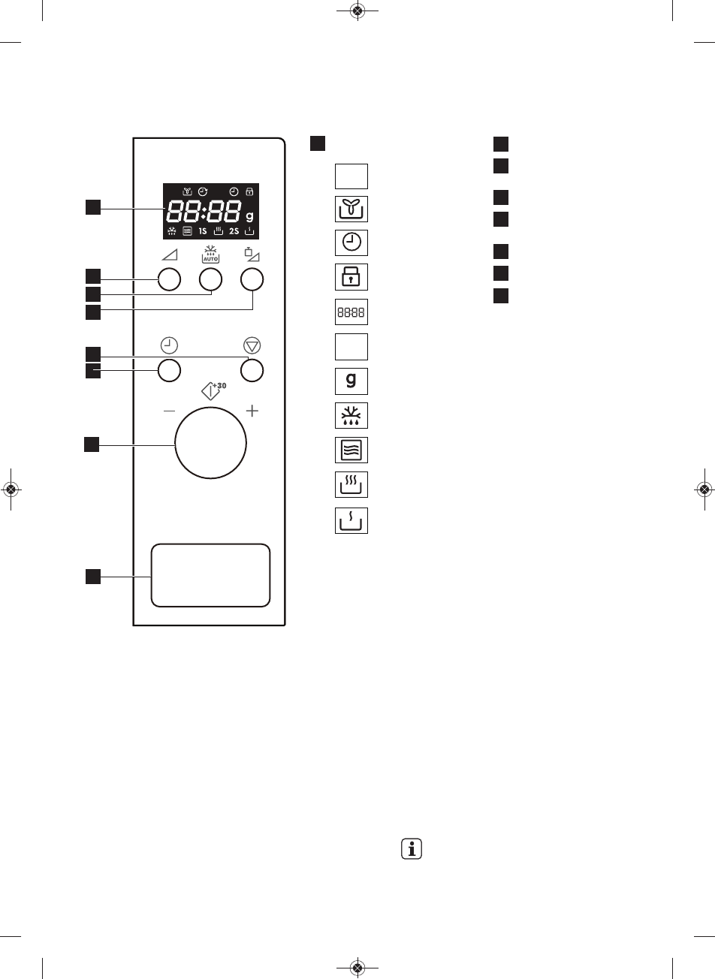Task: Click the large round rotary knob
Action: [x=210, y=444]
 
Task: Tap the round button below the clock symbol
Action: [x=169, y=370]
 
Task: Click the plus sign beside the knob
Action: [x=252, y=411]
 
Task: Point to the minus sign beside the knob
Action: [x=167, y=411]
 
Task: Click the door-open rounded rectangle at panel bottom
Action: [x=210, y=575]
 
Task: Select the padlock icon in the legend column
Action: [x=351, y=277]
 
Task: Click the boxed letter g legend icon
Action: [x=351, y=381]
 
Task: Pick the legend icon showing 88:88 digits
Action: [x=351, y=312]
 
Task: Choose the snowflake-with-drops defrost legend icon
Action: [x=351, y=416]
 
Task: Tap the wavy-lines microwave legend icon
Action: [x=351, y=450]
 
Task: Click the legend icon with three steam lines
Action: [x=351, y=485]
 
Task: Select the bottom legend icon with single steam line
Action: [x=351, y=520]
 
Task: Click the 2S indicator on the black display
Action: [x=234, y=231]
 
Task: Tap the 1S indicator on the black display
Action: [x=203, y=231]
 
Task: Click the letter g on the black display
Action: [x=249, y=215]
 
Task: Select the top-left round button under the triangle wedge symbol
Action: [x=169, y=280]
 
